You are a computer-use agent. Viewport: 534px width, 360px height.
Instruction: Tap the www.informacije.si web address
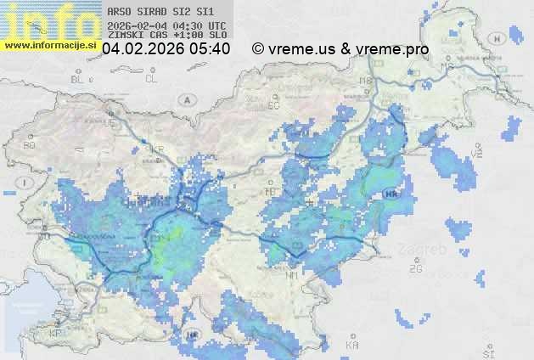(x=49, y=45)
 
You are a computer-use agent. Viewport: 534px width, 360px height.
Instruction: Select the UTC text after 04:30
(x=216, y=25)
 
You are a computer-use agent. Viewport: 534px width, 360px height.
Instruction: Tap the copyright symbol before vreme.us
(x=258, y=50)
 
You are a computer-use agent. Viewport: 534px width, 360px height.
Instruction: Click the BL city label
(x=78, y=79)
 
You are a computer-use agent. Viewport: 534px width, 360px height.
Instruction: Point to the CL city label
(x=151, y=78)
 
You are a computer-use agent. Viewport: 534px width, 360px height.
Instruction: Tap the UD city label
(x=109, y=122)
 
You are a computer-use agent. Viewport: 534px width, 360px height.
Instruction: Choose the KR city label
(x=157, y=149)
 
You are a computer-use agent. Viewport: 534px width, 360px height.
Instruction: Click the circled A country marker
(x=185, y=99)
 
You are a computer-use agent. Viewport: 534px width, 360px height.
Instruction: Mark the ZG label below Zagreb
(x=415, y=269)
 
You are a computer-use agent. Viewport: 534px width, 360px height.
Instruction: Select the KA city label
(x=352, y=346)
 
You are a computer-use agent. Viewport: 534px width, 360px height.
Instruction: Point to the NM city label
(x=292, y=276)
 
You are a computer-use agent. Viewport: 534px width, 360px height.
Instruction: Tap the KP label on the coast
(x=56, y=334)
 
